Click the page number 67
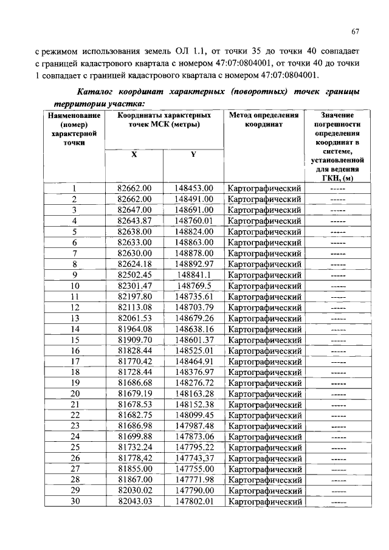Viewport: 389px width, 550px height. coord(356,32)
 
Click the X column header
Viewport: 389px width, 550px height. coord(134,154)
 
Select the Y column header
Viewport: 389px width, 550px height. coord(193,154)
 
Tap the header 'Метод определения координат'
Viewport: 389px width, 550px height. coord(264,119)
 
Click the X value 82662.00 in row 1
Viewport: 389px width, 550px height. coord(134,188)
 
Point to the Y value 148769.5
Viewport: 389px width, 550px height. coord(194,285)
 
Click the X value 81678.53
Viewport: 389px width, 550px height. coord(134,404)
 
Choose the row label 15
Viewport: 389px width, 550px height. coord(75,340)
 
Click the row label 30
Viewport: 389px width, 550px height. coord(75,501)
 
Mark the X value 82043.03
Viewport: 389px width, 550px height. coord(134,501)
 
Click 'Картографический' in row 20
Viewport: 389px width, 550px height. coord(264,394)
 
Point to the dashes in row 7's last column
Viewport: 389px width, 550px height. coord(338,253)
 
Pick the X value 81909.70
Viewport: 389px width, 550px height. coord(134,340)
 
